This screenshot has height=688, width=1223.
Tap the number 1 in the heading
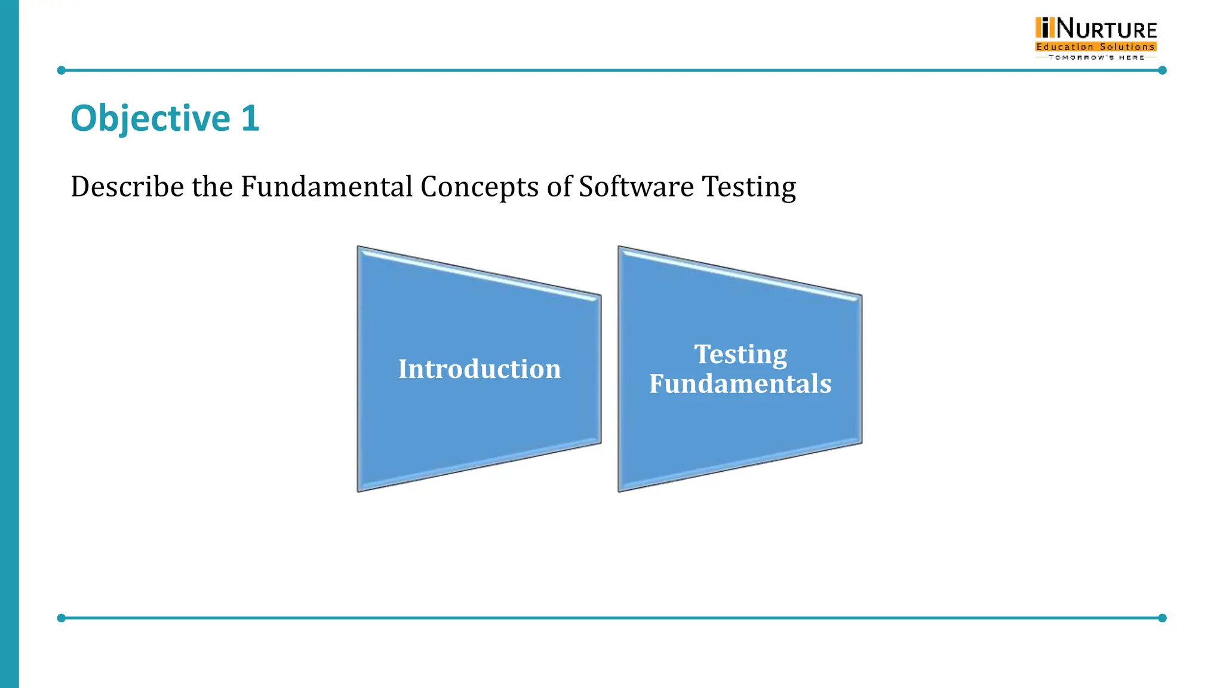click(x=250, y=118)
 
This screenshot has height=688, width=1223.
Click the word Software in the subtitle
click(x=636, y=186)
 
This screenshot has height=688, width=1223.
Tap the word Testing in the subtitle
click(x=749, y=188)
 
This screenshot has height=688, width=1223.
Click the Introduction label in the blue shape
click(x=480, y=369)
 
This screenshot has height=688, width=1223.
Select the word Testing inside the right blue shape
click(x=740, y=355)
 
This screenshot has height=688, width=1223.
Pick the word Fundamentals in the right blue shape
click(x=740, y=383)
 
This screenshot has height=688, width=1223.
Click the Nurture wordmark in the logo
click(x=1107, y=29)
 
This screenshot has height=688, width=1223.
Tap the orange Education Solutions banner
click(x=1096, y=47)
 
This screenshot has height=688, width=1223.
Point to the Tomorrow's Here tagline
click(x=1096, y=57)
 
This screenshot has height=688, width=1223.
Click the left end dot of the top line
click(x=61, y=70)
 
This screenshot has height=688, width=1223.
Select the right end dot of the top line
click(x=1162, y=70)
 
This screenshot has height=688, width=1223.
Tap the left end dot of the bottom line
click(x=61, y=618)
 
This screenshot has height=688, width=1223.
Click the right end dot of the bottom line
click(x=1162, y=618)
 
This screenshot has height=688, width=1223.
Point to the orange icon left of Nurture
click(x=1044, y=28)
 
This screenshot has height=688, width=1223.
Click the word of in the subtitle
click(x=559, y=186)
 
